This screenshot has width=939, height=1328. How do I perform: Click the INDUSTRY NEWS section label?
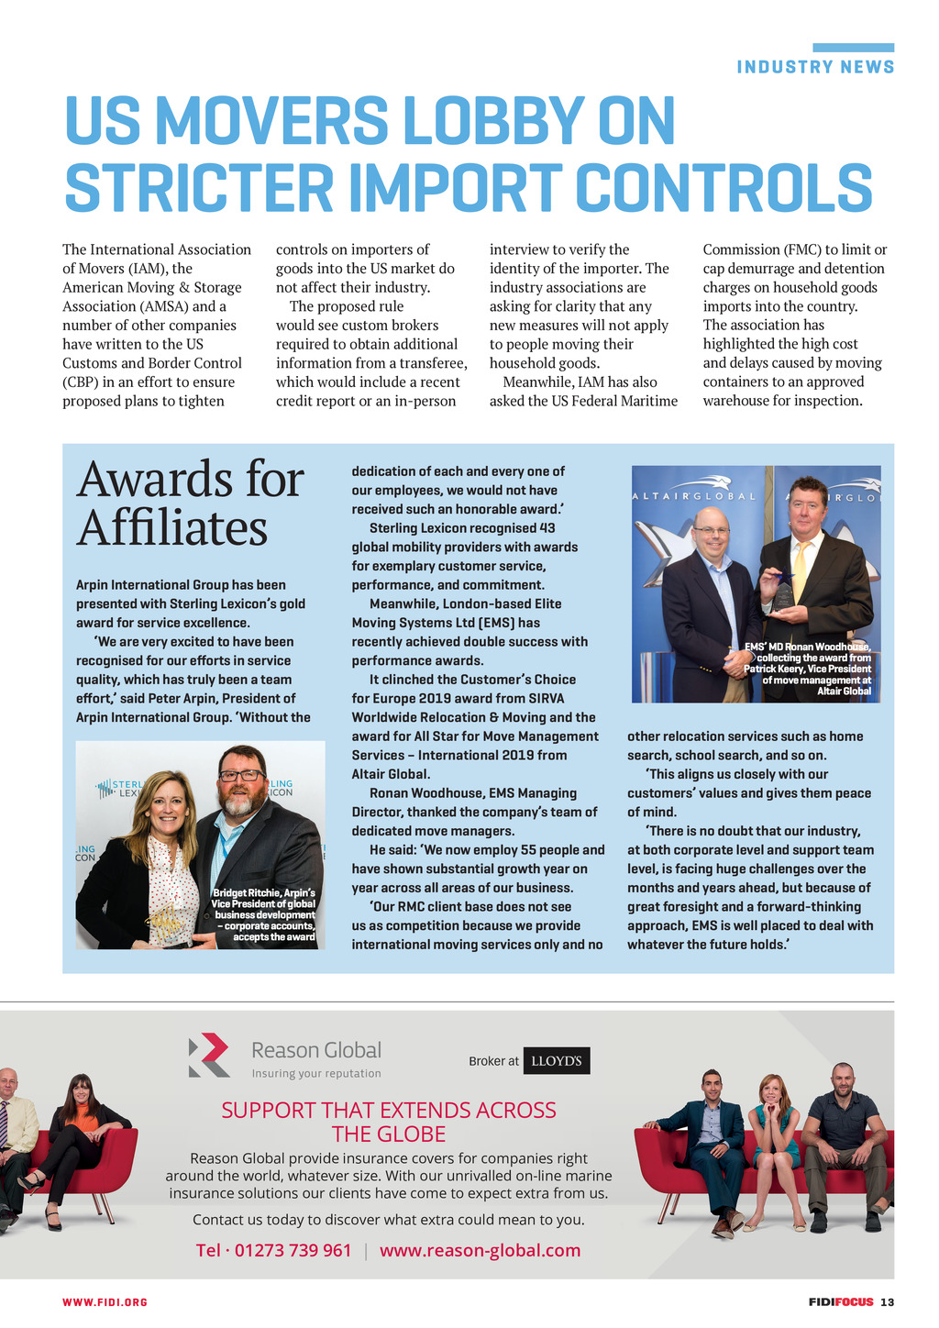[815, 67]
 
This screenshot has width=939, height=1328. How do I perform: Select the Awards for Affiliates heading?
[190, 504]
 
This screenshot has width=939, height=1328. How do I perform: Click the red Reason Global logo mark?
[209, 1054]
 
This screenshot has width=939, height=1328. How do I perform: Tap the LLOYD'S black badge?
[557, 1060]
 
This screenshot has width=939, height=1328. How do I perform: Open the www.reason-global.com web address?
[480, 1250]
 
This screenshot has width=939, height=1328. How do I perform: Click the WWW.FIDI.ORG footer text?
[105, 1302]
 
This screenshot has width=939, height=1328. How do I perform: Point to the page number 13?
[887, 1302]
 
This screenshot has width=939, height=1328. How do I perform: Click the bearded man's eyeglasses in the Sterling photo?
[240, 775]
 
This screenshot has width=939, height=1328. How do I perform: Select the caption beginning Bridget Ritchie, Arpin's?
[264, 914]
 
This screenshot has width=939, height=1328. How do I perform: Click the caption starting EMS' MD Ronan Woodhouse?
[809, 669]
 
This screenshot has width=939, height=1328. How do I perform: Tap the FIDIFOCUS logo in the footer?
[841, 1302]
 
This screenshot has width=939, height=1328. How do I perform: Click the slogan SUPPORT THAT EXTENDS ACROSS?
[388, 1110]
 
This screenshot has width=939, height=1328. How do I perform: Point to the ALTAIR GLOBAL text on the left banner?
[694, 496]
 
